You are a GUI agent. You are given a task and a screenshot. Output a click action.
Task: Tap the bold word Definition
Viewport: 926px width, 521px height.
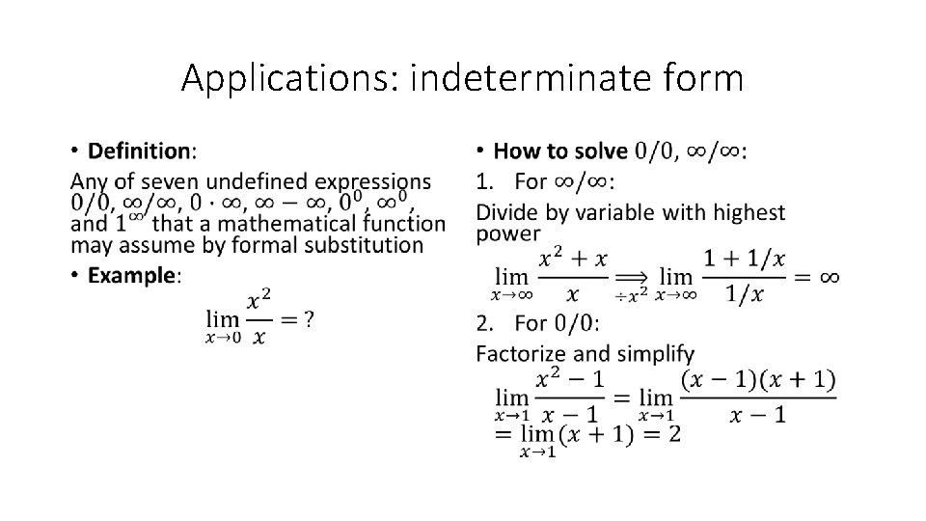click(x=141, y=151)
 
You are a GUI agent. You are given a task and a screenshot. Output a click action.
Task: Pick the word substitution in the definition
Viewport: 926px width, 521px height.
click(x=364, y=244)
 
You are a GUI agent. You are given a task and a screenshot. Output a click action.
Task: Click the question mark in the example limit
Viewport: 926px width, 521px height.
click(x=308, y=319)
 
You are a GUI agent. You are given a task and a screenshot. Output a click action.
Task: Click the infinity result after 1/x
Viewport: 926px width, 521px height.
click(x=829, y=277)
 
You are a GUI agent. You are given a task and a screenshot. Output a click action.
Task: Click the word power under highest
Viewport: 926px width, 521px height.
click(x=508, y=233)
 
